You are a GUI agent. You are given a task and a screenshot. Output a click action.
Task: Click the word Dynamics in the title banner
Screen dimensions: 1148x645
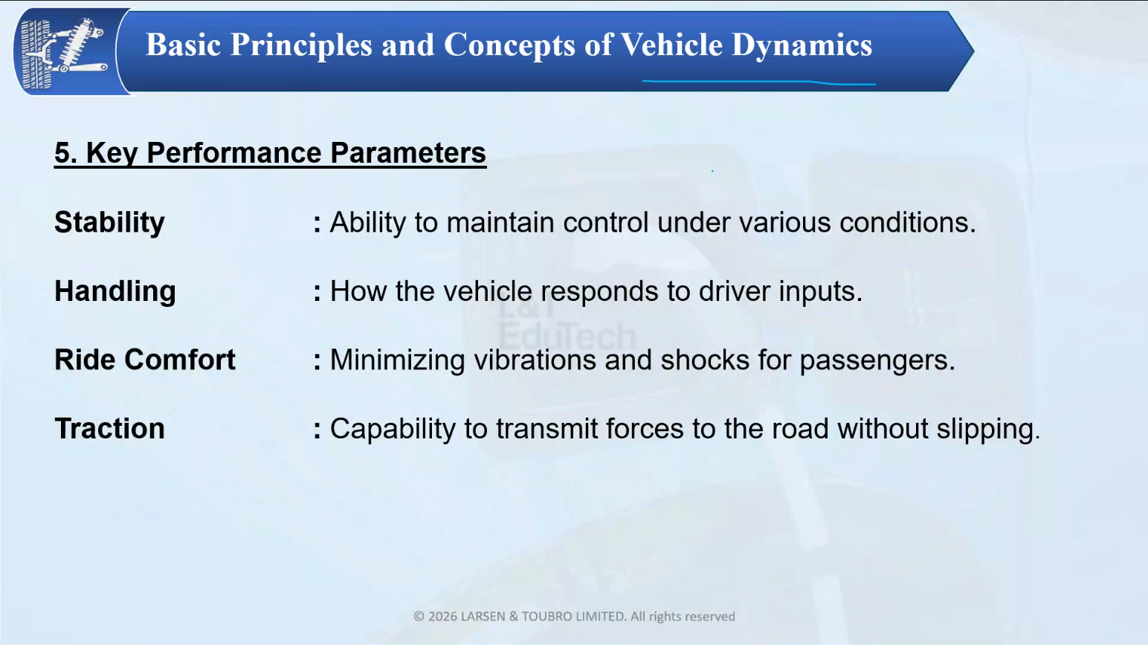tap(802, 45)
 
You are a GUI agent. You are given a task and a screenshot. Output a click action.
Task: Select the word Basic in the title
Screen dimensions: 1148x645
tap(184, 45)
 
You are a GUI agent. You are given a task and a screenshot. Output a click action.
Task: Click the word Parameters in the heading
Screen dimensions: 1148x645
tap(408, 152)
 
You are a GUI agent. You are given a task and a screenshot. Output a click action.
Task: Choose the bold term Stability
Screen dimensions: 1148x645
tap(110, 223)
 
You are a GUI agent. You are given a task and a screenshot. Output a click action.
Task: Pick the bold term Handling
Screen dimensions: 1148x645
tap(115, 291)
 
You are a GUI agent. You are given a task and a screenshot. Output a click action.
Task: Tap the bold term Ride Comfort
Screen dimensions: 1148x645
tap(145, 360)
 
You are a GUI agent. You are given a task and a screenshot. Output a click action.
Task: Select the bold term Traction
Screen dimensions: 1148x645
tap(110, 428)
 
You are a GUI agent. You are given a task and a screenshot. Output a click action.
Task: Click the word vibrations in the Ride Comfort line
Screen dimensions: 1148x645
tap(535, 360)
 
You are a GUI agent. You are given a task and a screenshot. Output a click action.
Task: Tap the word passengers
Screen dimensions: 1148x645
tap(877, 361)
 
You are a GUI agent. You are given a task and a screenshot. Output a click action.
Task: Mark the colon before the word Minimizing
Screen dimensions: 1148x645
tap(317, 360)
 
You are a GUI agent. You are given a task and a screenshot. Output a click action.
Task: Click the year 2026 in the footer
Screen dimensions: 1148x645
tap(442, 616)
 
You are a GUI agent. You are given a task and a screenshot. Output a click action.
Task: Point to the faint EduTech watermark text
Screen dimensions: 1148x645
tap(567, 337)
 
